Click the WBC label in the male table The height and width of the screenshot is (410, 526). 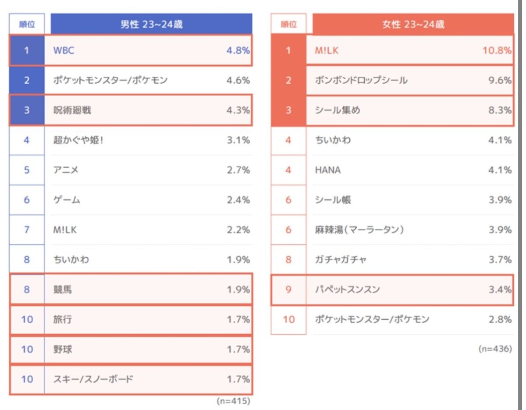[64, 50]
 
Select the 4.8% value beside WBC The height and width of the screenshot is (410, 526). [238, 50]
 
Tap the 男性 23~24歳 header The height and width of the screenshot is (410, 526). [151, 25]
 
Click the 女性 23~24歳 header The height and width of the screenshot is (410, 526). [413, 25]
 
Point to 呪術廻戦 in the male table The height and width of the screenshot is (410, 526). [72, 110]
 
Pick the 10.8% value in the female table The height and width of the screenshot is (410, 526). [497, 50]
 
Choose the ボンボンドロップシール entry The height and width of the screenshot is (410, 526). [361, 81]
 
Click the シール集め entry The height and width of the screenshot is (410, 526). [338, 110]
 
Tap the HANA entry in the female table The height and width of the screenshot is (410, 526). [328, 170]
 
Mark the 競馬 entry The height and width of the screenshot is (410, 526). [62, 290]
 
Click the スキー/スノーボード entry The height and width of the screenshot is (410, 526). [93, 379]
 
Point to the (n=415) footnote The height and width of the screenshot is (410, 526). [233, 401]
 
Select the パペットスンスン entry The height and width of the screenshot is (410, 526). [347, 290]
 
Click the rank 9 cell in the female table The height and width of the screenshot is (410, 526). [288, 290]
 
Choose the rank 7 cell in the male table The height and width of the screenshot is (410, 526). [27, 230]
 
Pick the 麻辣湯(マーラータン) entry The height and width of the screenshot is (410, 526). [359, 230]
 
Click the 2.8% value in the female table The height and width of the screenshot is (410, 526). [500, 319]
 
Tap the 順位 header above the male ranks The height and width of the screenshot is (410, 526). [27, 25]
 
